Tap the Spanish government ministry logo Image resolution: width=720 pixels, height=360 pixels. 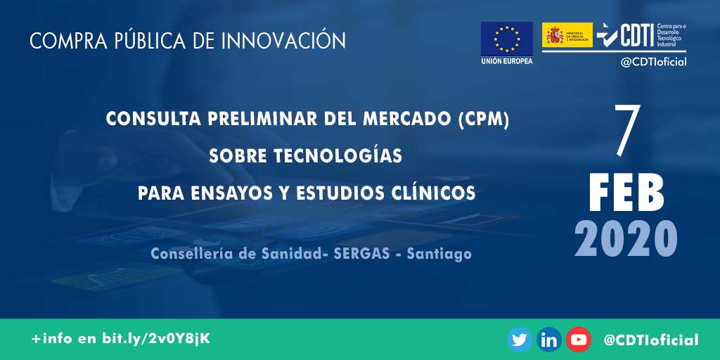click(567, 35)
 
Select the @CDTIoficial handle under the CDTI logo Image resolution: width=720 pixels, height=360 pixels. click(653, 62)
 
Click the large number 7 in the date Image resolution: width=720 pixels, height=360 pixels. click(626, 132)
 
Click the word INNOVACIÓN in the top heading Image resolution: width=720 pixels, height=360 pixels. click(283, 41)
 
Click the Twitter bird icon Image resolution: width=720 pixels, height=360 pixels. click(520, 340)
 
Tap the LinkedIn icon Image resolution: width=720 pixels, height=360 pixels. click(549, 340)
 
